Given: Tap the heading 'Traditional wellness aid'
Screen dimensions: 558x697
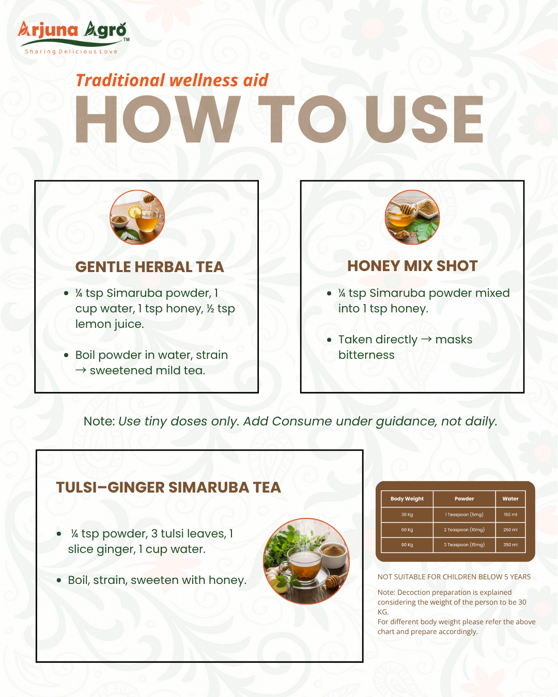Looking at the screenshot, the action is click(x=172, y=81).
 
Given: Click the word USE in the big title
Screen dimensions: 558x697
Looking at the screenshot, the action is click(x=424, y=119).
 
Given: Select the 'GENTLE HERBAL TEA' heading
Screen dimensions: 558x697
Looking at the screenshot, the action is click(x=150, y=267).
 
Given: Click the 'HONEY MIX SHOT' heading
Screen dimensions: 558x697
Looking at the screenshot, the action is click(x=412, y=266).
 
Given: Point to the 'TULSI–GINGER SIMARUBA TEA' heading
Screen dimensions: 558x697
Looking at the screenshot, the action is click(x=168, y=487).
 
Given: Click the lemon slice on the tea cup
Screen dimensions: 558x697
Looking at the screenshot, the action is click(x=135, y=212).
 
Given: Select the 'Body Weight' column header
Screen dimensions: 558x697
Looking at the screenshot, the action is click(x=407, y=499).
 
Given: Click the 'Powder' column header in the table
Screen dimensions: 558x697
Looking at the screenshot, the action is click(x=464, y=499).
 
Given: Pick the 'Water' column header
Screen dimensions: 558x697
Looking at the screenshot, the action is click(x=510, y=499).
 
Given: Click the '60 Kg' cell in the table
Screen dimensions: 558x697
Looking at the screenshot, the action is click(x=407, y=530).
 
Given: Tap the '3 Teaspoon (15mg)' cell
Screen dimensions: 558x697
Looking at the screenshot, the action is click(x=464, y=545).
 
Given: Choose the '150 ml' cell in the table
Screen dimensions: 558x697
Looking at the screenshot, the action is click(x=510, y=515).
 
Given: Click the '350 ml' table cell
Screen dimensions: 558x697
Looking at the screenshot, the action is click(x=510, y=545).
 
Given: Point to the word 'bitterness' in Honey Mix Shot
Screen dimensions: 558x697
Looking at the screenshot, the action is click(x=366, y=355).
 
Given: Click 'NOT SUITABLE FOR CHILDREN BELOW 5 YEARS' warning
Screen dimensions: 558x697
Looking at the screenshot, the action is click(x=454, y=577).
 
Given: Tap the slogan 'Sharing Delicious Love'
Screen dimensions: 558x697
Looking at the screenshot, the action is click(x=71, y=52).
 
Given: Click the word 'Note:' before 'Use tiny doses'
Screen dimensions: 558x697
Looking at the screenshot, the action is click(x=99, y=421).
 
